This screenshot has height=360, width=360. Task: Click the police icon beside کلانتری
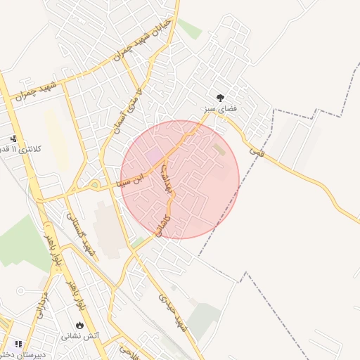[13, 138]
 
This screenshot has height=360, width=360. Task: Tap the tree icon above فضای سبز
[221, 98]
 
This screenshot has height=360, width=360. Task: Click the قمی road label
[257, 148]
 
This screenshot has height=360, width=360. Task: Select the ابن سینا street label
[134, 179]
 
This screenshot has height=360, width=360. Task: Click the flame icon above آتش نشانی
[79, 326]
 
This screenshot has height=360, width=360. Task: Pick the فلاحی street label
[127, 350]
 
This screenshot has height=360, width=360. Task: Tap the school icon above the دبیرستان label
[18, 344]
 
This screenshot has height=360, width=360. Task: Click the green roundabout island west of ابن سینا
[94, 185]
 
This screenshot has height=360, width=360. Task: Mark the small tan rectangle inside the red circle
[220, 150]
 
